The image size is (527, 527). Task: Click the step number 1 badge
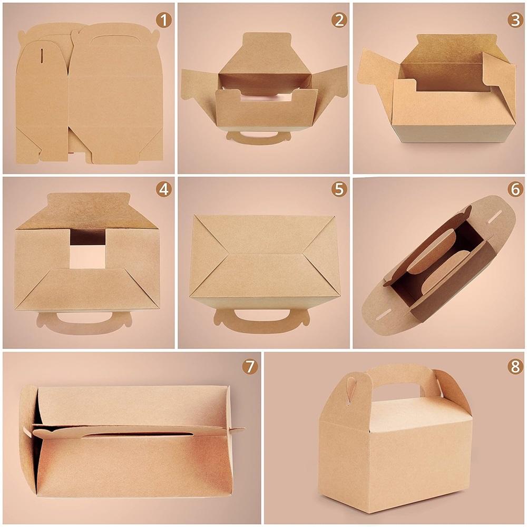coord(164,21)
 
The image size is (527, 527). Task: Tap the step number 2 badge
coord(339,21)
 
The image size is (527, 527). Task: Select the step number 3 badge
coord(515,21)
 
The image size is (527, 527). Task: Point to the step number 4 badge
coord(164,190)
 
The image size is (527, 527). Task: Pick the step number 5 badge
coord(339,190)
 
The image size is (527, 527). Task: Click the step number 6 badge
coord(515,190)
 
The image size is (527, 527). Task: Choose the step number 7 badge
coord(250,367)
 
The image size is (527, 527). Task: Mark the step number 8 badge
coord(515,367)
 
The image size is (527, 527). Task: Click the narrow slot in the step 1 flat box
coord(42,56)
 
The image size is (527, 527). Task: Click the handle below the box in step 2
coord(258,139)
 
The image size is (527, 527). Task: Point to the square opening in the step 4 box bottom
coord(87,249)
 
